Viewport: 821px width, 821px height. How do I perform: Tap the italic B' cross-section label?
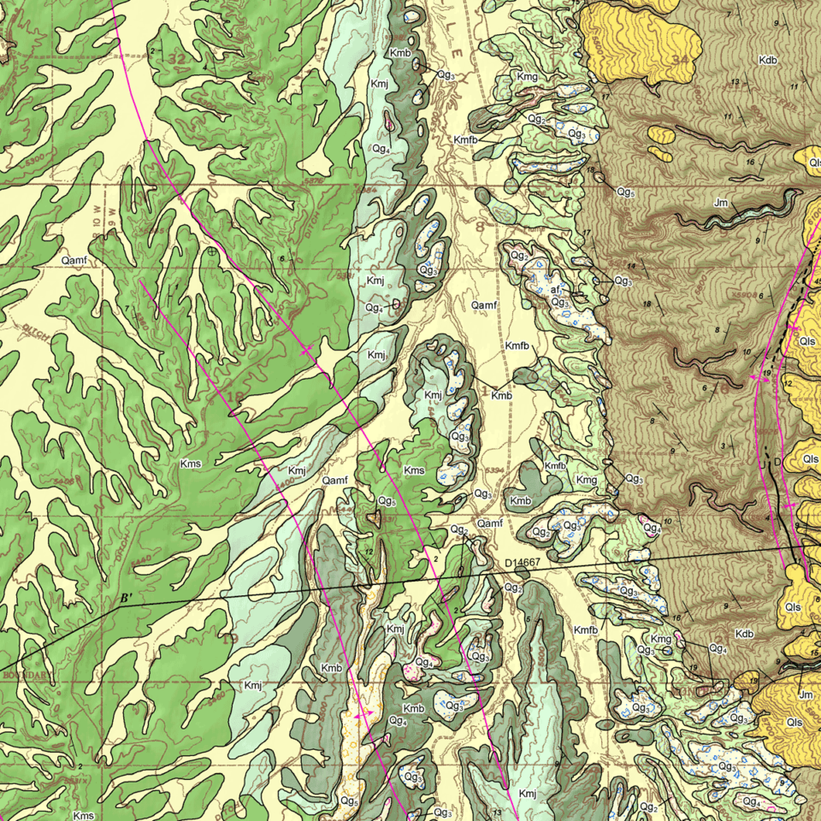127,597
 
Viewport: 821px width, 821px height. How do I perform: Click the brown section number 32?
177,58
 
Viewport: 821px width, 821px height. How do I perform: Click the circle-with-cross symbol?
212,252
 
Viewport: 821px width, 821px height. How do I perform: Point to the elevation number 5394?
493,470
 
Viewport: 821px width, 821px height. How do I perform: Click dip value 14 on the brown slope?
631,266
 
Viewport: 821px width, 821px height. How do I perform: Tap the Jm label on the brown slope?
720,203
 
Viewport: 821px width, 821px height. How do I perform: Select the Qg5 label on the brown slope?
625,192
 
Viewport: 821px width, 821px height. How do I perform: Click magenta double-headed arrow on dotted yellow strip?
363,712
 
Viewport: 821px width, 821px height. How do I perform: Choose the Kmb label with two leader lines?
501,395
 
